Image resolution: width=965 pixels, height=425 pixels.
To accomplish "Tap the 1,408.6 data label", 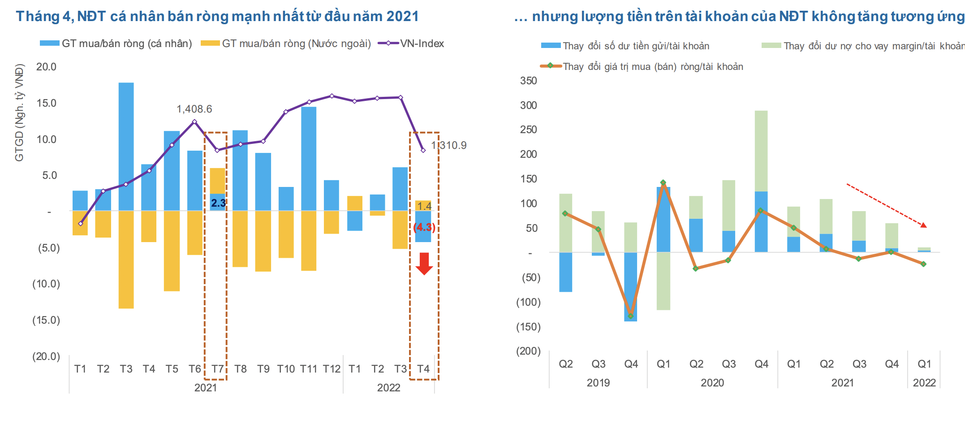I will pos(194,109).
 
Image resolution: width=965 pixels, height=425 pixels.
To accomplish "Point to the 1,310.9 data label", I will pos(449,145).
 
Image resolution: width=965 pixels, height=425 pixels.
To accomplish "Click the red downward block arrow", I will pos(424,263).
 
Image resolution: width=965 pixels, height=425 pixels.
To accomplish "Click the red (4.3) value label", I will pos(424,227).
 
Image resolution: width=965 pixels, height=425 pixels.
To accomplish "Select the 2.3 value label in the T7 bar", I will pos(218,203).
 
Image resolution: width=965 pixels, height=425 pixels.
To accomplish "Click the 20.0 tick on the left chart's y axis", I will pos(46,67).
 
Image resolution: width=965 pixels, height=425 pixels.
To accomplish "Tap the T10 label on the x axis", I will pos(286,369).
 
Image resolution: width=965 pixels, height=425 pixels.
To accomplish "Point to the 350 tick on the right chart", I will pos(528,81).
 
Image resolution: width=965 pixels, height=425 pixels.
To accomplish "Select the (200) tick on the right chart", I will pos(528,351).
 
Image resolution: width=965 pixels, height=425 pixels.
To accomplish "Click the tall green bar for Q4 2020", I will pos(761,151).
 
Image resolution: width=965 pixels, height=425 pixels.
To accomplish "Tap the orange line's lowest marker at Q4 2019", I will pos(631,316).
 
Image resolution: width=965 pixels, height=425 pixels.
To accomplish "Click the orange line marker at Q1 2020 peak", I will pos(663,182).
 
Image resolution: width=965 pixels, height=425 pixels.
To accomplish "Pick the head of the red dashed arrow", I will pos(923,225).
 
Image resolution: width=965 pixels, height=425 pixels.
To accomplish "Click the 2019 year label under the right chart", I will pos(598,383).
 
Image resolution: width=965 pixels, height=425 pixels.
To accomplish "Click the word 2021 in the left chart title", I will pos(402,16).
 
